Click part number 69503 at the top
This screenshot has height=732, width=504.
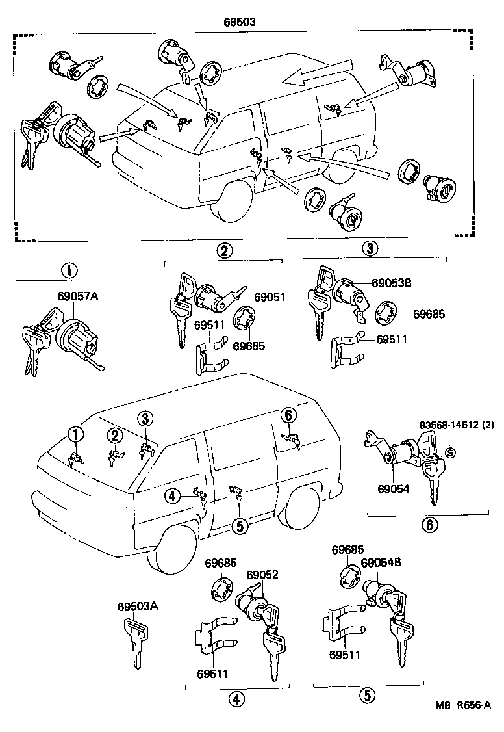(240, 21)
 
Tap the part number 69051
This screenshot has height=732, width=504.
(270, 296)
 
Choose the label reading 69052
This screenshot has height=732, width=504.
(262, 575)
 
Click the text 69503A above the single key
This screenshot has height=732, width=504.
(138, 607)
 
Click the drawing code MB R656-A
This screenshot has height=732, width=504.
(463, 723)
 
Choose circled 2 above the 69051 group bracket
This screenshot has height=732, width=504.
(223, 250)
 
